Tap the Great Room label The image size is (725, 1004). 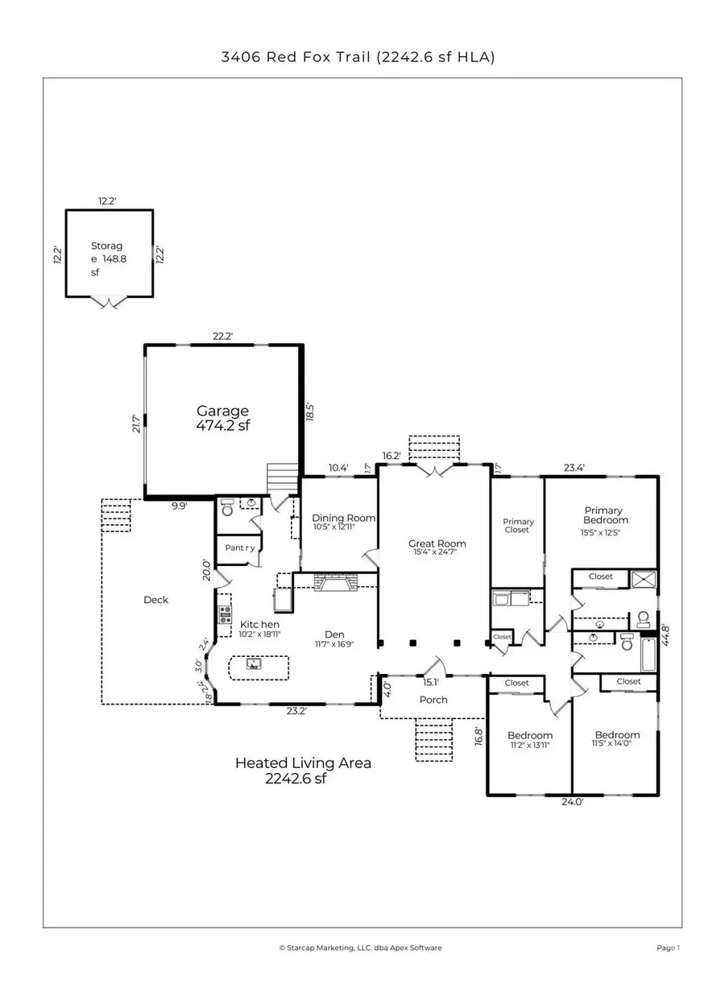click(437, 543)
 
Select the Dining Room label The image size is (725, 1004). click(333, 518)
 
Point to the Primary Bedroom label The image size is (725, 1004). click(603, 514)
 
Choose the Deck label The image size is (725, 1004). click(156, 600)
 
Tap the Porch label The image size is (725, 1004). click(433, 700)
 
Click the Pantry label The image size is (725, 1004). click(239, 547)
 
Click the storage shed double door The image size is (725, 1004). click(109, 302)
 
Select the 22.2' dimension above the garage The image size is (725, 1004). click(222, 337)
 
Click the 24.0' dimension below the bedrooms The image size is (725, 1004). click(572, 801)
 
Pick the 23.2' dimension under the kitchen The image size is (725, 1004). click(296, 710)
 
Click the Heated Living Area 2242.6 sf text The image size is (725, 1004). click(303, 770)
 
